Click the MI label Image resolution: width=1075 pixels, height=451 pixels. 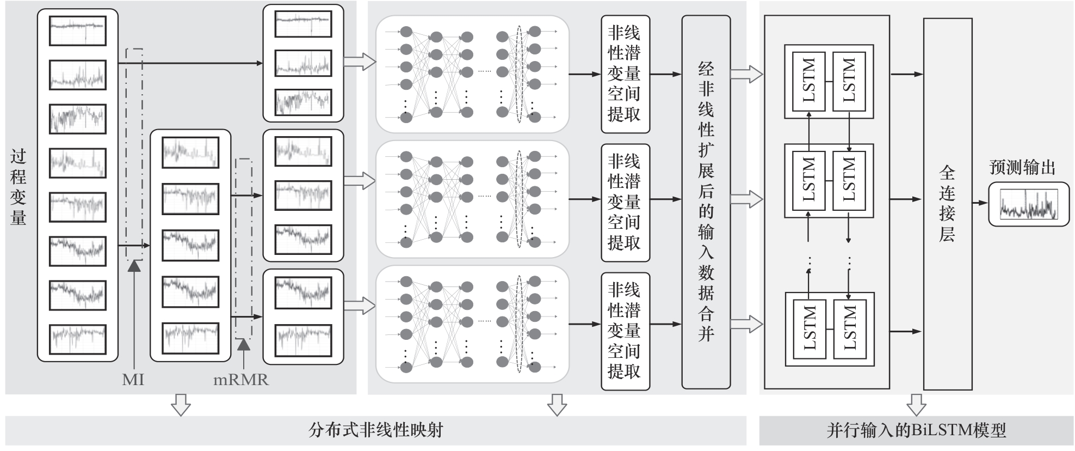pyautogui.click(x=133, y=380)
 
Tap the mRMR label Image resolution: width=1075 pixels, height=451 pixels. pyautogui.click(x=241, y=380)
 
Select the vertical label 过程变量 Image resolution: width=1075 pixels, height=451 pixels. pyautogui.click(x=18, y=187)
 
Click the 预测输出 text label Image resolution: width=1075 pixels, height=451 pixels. pyautogui.click(x=1022, y=167)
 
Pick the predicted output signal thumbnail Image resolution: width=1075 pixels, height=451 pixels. pyautogui.click(x=1029, y=205)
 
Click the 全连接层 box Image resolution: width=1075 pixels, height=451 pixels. pyautogui.click(x=948, y=204)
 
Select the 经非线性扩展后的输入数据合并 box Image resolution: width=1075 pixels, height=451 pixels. pyautogui.click(x=706, y=202)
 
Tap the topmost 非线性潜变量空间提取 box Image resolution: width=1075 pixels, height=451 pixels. pyautogui.click(x=625, y=74)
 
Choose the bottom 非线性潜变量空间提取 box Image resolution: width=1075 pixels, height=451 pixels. pyautogui.click(x=625, y=331)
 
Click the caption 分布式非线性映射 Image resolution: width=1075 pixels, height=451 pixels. pyautogui.click(x=375, y=430)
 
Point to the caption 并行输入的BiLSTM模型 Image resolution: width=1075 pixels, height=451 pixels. pyautogui.click(x=916, y=430)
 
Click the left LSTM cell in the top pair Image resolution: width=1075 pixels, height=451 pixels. pyautogui.click(x=809, y=81)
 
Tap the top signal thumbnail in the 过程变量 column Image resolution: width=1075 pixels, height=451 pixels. pyautogui.click(x=78, y=31)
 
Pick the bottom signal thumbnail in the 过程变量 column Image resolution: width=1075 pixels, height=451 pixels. pyautogui.click(x=78, y=339)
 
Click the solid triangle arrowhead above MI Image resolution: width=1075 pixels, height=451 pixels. pyautogui.click(x=134, y=265)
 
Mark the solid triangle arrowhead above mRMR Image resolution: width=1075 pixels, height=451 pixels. pyautogui.click(x=244, y=344)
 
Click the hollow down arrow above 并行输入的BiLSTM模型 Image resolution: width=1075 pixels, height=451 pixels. pyautogui.click(x=916, y=404)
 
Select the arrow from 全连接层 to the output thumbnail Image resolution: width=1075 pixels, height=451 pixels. pyautogui.click(x=980, y=203)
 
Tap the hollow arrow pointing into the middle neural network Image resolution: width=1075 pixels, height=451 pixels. pyautogui.click(x=360, y=180)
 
